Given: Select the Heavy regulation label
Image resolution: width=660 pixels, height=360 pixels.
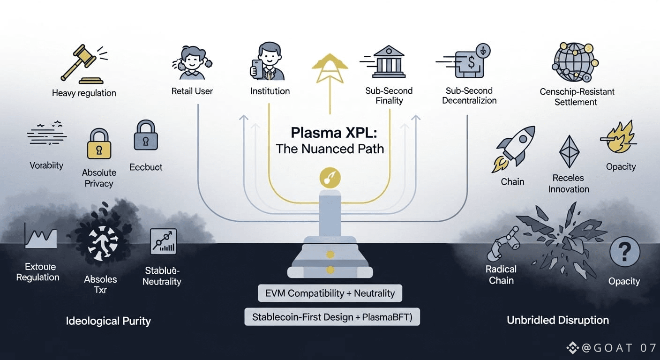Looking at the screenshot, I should coord(84,93).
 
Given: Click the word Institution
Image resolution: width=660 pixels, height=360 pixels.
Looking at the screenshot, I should coord(270,91).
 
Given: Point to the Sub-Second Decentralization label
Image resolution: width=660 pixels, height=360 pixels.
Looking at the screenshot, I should coord(469,96).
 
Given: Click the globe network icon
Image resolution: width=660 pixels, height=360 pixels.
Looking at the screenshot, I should coord(575,62).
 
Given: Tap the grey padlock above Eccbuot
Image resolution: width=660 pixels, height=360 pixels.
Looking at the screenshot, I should coord(146,135).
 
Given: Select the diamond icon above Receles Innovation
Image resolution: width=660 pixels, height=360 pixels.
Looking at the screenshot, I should coord(569,151).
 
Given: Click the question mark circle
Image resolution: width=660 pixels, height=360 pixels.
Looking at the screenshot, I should coord(624,252).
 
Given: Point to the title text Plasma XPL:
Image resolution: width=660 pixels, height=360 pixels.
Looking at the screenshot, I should coord(330,133).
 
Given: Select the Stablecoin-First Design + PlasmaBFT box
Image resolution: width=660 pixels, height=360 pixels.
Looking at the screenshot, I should coord(332,317).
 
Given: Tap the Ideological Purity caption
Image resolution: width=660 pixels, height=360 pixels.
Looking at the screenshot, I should coord(108,321).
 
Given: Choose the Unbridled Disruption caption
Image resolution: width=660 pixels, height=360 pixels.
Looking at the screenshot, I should coord(558,320).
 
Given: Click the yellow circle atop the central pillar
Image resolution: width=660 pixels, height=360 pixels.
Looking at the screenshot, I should coord(330,178).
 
